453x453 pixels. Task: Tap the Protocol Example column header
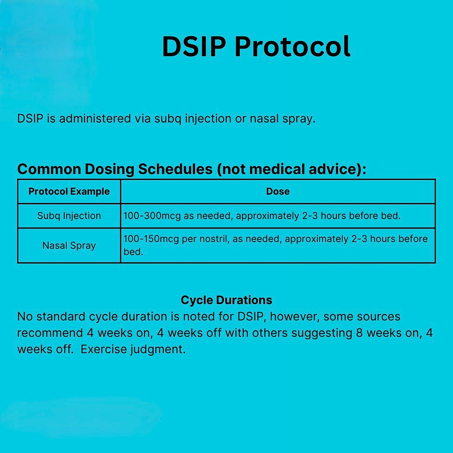tap(69, 192)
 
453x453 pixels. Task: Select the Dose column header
tap(278, 192)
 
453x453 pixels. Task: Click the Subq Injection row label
tap(69, 216)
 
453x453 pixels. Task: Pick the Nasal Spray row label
tap(69, 246)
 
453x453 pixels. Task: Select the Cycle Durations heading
tap(226, 300)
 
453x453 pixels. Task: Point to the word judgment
tap(158, 349)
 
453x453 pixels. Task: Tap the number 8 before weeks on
tap(360, 333)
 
